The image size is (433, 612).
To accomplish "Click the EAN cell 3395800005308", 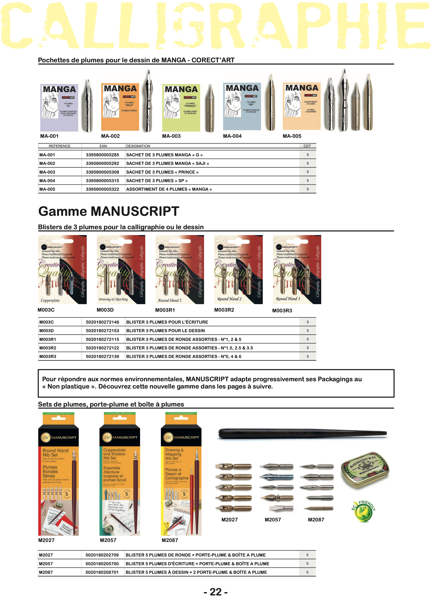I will pyautogui.click(x=102, y=172).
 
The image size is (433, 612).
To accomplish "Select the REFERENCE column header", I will pyautogui.click(x=59, y=146).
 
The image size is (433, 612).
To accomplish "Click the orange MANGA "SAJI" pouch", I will pyautogui.click(x=120, y=107).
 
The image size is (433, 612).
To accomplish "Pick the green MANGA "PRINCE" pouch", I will pyautogui.click(x=181, y=107).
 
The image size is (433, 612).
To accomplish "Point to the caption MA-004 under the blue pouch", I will pyautogui.click(x=232, y=136).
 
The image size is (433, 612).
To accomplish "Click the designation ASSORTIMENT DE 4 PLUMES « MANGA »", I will pyautogui.click(x=169, y=189).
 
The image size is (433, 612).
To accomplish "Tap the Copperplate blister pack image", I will pyautogui.click(x=62, y=269).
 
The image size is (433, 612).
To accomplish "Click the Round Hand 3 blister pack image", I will pyautogui.click(x=297, y=269).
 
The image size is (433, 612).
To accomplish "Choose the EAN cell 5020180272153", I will pyautogui.click(x=102, y=331).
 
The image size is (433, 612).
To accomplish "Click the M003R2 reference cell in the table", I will pyautogui.click(x=48, y=348).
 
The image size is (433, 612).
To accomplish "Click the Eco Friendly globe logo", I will pyautogui.click(x=363, y=511).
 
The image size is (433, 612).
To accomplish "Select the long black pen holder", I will pyautogui.click(x=302, y=433).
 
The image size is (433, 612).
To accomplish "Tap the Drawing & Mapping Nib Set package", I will pyautogui.click(x=181, y=474).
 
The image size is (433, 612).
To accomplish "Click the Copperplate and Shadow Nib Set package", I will pyautogui.click(x=120, y=474).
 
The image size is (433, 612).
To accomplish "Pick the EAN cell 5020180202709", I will pyautogui.click(x=102, y=555).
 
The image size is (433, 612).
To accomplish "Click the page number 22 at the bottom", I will pyautogui.click(x=216, y=592).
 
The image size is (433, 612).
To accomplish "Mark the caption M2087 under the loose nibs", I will pyautogui.click(x=316, y=519).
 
